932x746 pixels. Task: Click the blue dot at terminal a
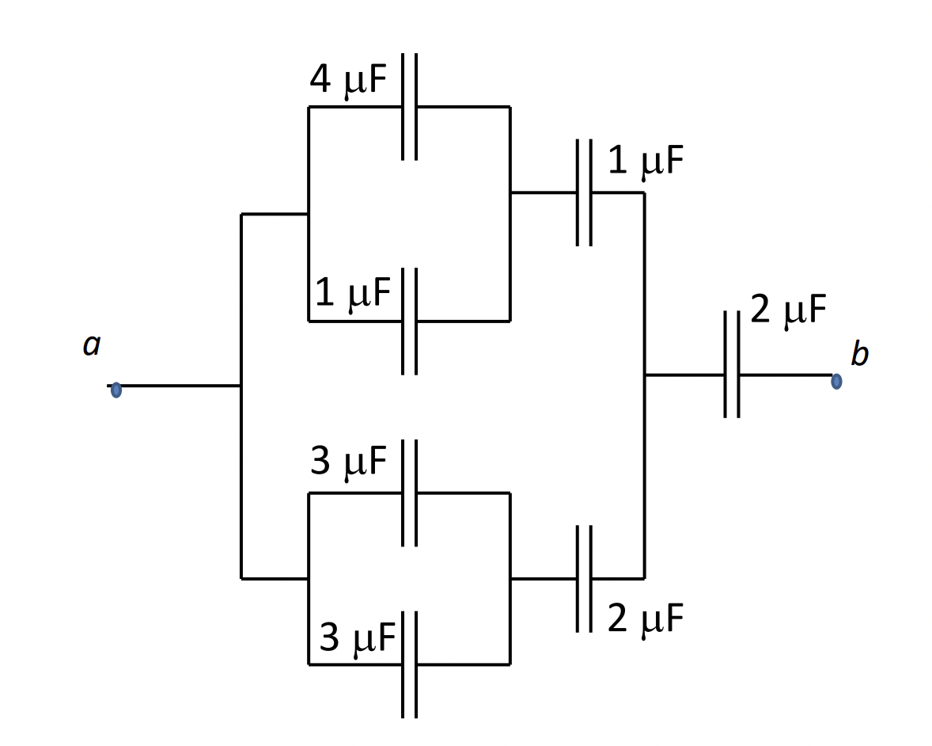tap(116, 390)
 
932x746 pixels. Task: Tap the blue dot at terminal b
tap(836, 381)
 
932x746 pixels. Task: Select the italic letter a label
tap(92, 345)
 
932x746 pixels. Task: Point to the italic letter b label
tap(859, 354)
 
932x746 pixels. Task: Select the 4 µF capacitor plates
tap(409, 107)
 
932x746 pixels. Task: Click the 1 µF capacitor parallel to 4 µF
tap(409, 321)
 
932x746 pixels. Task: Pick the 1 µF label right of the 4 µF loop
tap(645, 162)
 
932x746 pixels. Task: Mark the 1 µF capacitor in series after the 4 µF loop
tap(584, 192)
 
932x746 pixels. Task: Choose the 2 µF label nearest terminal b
tap(788, 310)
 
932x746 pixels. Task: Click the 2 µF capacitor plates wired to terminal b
tap(732, 375)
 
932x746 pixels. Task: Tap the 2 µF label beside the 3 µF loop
tap(645, 619)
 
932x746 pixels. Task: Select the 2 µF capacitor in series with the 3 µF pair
tap(584, 579)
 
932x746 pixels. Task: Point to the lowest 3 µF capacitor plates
tap(409, 664)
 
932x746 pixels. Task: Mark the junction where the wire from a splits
tap(241, 386)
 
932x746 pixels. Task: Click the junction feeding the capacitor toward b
tap(644, 375)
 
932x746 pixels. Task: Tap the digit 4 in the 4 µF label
tap(320, 81)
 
